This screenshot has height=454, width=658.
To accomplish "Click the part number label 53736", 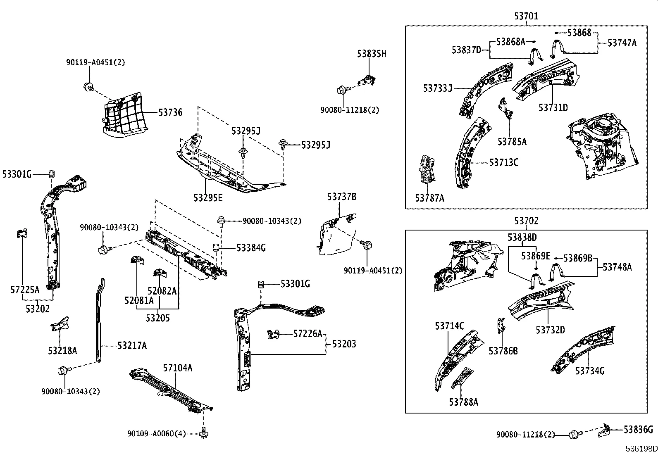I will click(170, 112).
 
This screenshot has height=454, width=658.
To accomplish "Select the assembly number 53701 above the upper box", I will click(526, 16).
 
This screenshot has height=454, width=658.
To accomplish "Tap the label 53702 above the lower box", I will click(526, 221).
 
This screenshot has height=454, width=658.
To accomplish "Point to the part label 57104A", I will click(177, 368).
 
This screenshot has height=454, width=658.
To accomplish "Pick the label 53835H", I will click(372, 54).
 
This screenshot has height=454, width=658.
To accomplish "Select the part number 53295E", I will click(208, 198).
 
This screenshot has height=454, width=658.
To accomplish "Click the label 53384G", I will click(251, 248).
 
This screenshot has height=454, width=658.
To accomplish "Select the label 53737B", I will click(342, 197).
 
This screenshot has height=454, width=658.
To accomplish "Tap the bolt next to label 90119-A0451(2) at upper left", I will click(88, 86).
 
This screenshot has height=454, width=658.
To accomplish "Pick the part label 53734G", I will click(590, 371).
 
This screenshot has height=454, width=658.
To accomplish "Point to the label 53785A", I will click(512, 142).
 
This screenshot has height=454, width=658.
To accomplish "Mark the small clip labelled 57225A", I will click(21, 233).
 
